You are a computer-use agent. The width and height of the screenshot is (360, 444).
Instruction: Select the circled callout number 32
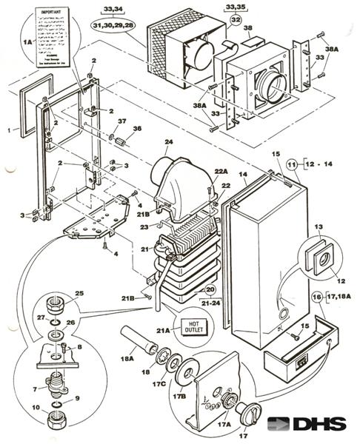coord(235,21)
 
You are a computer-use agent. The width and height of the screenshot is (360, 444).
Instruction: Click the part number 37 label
coord(123,121)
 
